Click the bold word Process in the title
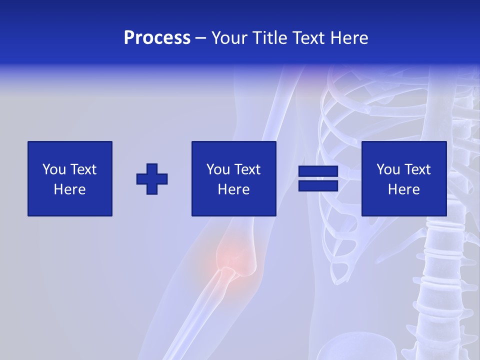click(x=157, y=38)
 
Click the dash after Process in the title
click(x=200, y=38)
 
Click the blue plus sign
click(x=152, y=178)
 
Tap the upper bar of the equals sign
click(x=318, y=171)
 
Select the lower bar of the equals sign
click(x=318, y=185)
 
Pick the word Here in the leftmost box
click(x=69, y=189)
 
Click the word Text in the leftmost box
click(x=82, y=169)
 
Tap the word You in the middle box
click(x=218, y=169)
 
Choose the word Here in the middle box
click(x=233, y=189)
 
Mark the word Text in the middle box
click(x=246, y=169)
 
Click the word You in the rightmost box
click(x=388, y=169)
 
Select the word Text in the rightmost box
click(x=416, y=169)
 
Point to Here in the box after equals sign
click(x=403, y=189)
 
